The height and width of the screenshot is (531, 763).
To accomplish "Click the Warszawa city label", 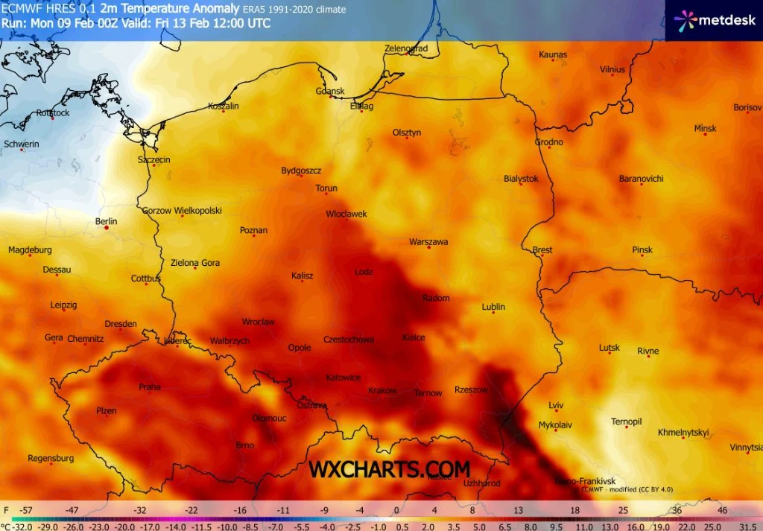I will tap(428, 242).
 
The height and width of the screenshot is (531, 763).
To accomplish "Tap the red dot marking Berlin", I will tap(107, 229).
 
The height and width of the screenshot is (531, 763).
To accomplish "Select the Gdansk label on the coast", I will tap(330, 92).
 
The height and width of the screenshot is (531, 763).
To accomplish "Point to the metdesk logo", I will tap(715, 20).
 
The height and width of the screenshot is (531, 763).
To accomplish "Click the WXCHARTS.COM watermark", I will tap(390, 469).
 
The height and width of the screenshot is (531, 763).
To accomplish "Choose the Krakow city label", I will tap(382, 391).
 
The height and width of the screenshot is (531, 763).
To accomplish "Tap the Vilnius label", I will tap(612, 70).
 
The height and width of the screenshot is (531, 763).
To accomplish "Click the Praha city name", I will tap(150, 387).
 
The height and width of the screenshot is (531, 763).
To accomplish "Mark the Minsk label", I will tap(705, 129).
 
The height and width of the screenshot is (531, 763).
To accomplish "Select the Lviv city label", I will tap(556, 405).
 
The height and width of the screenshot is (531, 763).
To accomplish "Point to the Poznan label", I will tap(253, 231).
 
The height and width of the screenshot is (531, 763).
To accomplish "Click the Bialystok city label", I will tap(521, 179).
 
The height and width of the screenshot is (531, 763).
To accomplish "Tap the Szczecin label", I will tap(154, 160).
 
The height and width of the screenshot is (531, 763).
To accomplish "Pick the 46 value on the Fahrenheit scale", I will tap(722, 510).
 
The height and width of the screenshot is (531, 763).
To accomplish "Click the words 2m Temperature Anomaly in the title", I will tap(171, 9).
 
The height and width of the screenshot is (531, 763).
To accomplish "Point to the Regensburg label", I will tap(51, 458).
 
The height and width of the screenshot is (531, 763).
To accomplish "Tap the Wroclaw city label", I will tap(259, 322).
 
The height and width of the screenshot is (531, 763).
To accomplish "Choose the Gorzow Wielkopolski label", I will tap(182, 211).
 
